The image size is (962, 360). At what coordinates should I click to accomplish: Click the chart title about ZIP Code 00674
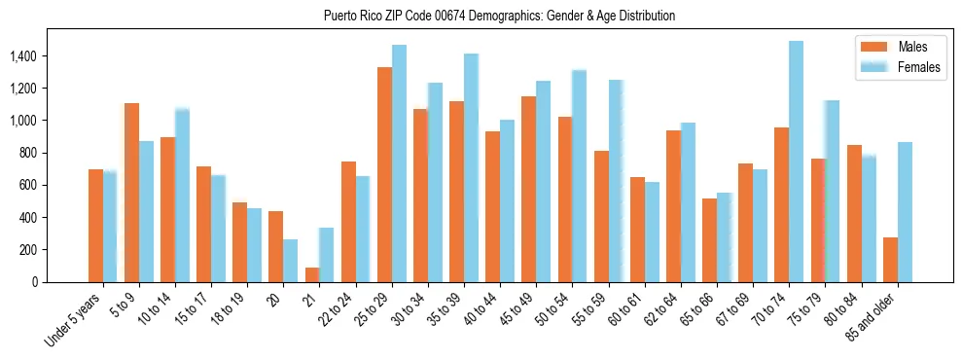click(498, 17)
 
